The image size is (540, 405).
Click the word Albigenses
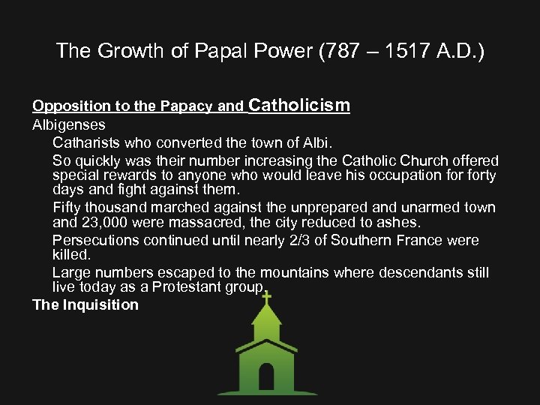pos(69,124)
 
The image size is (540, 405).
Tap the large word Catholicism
pos(299,105)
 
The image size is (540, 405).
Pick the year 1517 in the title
pos(395,51)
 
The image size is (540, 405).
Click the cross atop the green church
pos(265,298)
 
